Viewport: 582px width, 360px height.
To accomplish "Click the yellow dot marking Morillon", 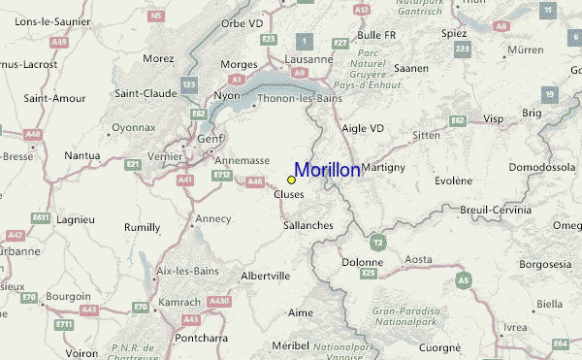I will (291, 180).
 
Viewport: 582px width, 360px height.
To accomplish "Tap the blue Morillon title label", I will (327, 170).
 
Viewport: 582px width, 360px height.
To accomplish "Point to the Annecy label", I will (213, 218).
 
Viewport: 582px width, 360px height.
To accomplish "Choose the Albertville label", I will (265, 276).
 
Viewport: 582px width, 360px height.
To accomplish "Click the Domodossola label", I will (542, 167).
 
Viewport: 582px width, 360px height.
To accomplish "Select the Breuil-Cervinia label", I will (496, 210).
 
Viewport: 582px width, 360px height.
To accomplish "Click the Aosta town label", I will (418, 259).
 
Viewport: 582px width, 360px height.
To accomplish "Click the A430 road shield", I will (219, 302).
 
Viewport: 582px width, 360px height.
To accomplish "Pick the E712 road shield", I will (223, 175).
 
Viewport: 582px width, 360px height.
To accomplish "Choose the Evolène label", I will (454, 180).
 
